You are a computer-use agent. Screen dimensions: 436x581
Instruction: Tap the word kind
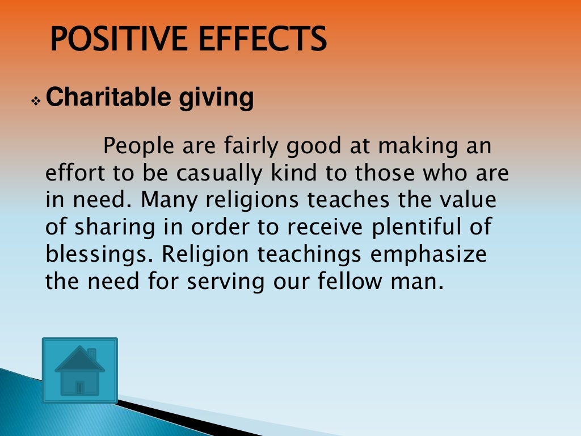click(x=294, y=173)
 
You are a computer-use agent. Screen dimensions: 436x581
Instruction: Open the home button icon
click(x=80, y=370)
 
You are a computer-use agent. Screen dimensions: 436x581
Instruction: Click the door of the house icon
click(x=80, y=387)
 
